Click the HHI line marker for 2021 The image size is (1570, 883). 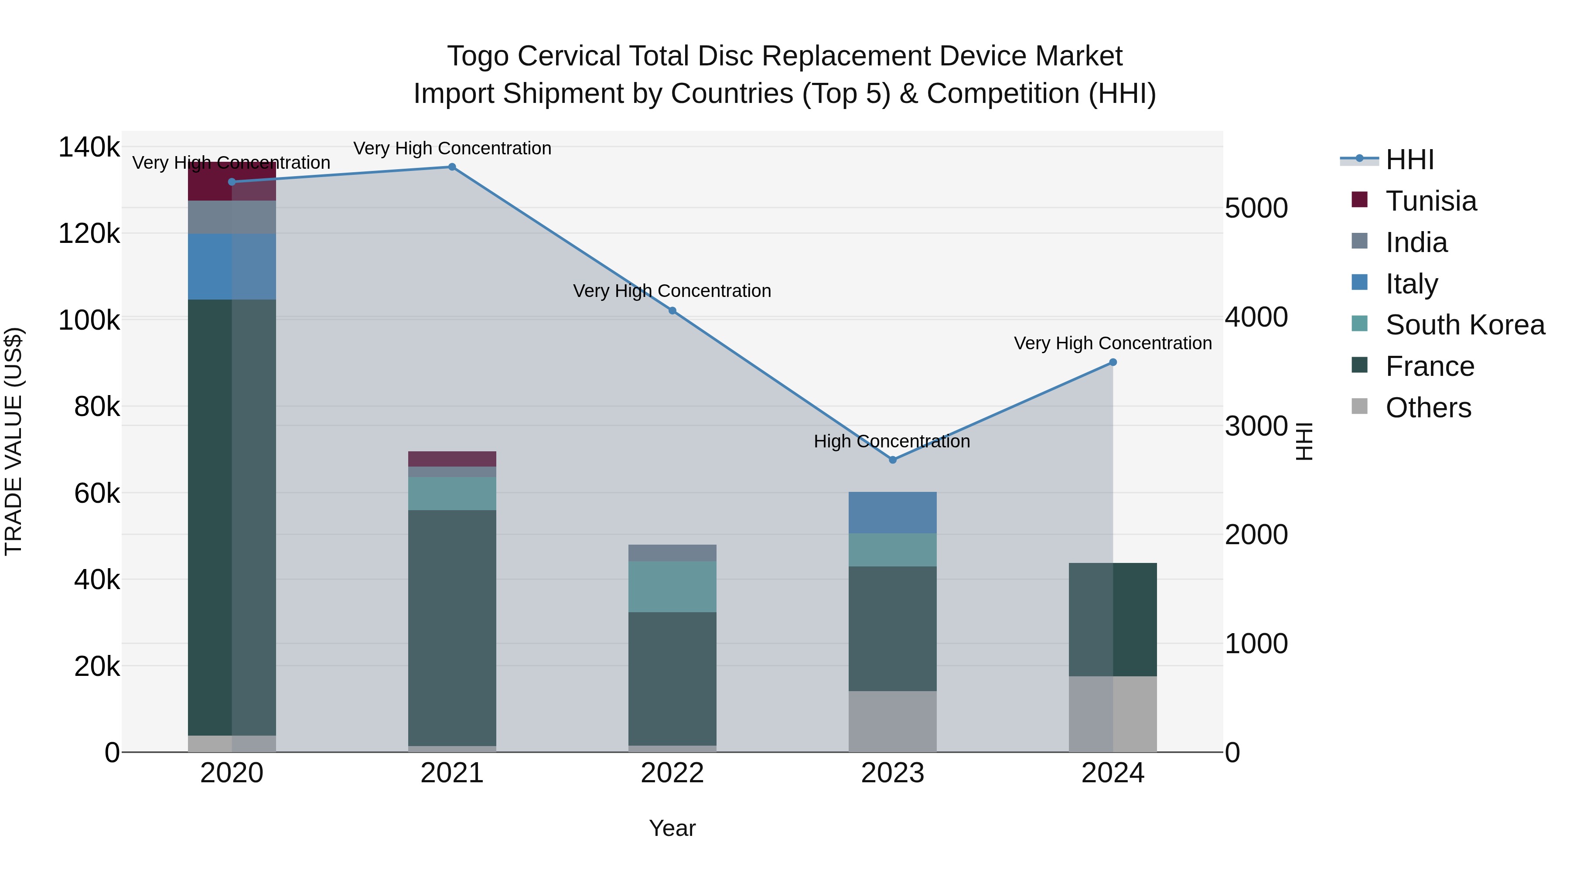(x=452, y=167)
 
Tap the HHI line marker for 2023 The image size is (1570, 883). (x=892, y=460)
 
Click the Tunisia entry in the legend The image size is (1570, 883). (x=1430, y=201)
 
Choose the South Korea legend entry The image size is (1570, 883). (x=1464, y=325)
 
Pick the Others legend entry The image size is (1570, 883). (x=1428, y=408)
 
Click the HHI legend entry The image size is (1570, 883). (x=1409, y=160)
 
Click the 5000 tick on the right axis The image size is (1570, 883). (x=1256, y=208)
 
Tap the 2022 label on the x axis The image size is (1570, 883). (x=672, y=773)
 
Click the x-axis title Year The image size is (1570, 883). (x=672, y=828)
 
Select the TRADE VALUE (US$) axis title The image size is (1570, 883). (x=14, y=441)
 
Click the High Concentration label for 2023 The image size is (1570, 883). (x=892, y=441)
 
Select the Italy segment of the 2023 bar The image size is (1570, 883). (x=892, y=512)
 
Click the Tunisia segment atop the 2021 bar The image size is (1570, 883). (x=452, y=459)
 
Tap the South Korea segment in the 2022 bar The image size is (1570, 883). (x=672, y=586)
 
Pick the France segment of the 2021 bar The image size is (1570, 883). (x=452, y=627)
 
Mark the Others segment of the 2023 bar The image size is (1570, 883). (x=892, y=722)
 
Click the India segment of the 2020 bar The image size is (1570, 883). (x=232, y=217)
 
